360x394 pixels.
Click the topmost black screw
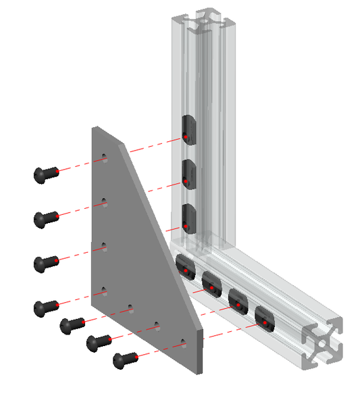[x=44, y=175]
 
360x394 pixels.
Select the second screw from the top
[x=44, y=218]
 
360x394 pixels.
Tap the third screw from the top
[x=44, y=263]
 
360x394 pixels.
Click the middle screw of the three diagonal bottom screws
[x=97, y=343]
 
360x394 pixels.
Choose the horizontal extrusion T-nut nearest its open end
[x=264, y=320]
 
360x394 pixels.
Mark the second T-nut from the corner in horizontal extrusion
[x=211, y=284]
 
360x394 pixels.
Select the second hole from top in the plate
[x=104, y=201]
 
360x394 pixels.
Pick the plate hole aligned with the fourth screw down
[x=104, y=290]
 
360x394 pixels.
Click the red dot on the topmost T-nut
[x=184, y=138]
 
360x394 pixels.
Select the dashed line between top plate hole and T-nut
[x=145, y=147]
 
